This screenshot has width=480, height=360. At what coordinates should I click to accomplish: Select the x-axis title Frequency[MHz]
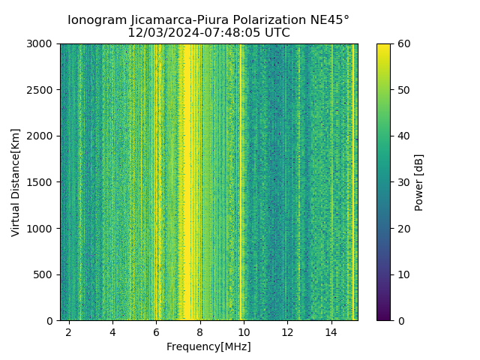pos(208,346)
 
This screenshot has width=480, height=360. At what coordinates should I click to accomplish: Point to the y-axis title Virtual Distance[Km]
pos(15,182)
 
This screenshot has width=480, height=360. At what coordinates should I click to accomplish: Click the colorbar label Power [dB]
pos(419,182)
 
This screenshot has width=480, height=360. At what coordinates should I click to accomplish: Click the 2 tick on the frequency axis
pos(69,331)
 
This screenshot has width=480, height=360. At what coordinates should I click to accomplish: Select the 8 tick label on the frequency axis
pos(199,331)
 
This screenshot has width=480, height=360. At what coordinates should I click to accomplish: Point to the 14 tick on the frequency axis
pos(331,331)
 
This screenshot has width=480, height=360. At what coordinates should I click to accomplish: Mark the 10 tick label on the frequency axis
pos(243,331)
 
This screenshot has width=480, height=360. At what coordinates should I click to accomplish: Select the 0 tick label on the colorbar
pos(399,320)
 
